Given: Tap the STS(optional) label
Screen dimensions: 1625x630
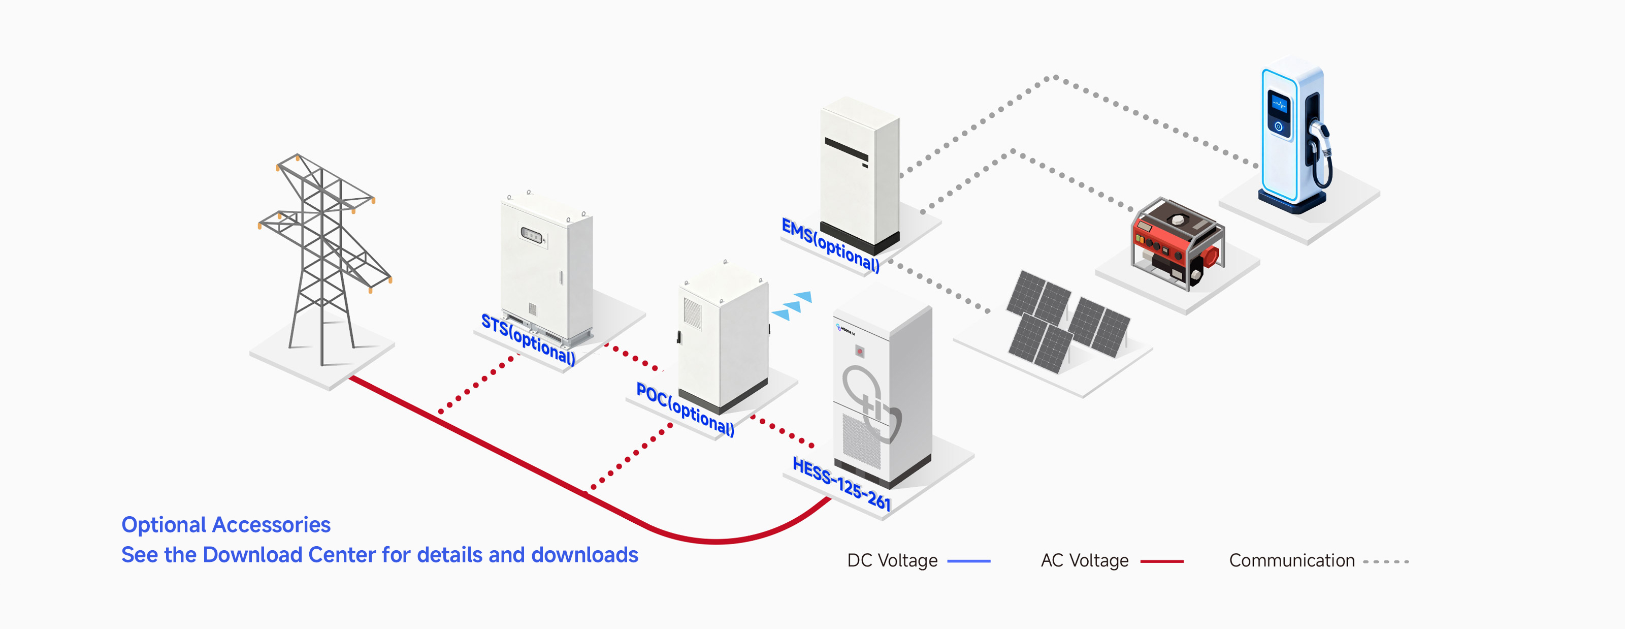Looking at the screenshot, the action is (x=528, y=339).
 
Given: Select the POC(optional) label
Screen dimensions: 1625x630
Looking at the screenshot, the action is (x=685, y=409).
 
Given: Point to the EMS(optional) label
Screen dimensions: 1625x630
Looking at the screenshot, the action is (x=830, y=245).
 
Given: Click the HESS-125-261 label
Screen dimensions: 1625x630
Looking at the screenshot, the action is (x=841, y=484).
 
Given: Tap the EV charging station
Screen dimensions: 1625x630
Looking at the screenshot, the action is (x=1295, y=135).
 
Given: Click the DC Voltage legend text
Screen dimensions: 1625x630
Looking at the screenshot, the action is (x=892, y=560).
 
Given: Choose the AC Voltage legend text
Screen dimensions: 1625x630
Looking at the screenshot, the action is (x=1084, y=560).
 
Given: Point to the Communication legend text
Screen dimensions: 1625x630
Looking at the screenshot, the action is (x=1291, y=560).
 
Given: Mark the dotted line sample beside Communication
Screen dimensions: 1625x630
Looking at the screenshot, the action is (x=1386, y=561).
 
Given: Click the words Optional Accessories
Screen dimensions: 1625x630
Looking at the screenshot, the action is (x=226, y=525).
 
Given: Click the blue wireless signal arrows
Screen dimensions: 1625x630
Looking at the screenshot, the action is (x=792, y=305).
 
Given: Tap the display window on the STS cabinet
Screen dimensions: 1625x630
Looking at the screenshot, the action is (x=532, y=235).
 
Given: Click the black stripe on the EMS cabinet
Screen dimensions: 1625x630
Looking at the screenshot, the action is (x=846, y=149).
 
